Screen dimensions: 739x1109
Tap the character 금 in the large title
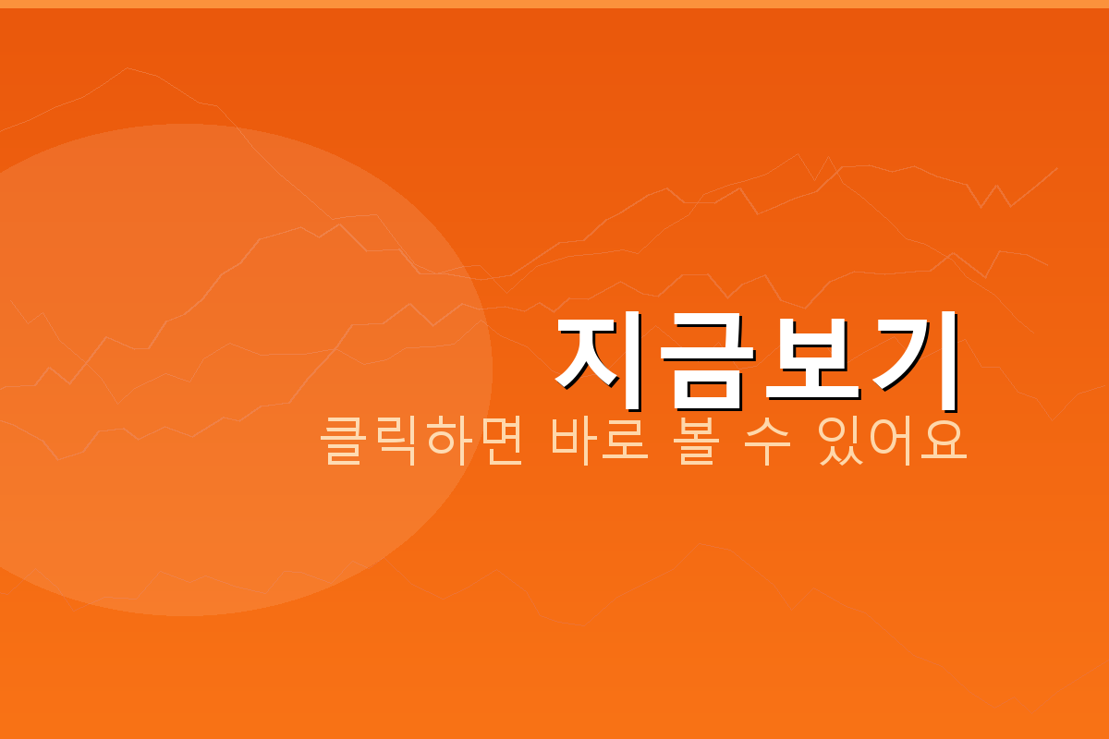pyautogui.click(x=704, y=363)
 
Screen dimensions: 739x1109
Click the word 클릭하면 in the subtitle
pyautogui.click(x=421, y=442)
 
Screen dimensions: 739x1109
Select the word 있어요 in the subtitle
pyautogui.click(x=893, y=442)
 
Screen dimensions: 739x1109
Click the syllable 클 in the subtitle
pyautogui.click(x=343, y=442)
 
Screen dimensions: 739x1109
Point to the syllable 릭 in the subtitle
pyautogui.click(x=396, y=442)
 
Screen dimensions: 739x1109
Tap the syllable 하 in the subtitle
pyautogui.click(x=448, y=442)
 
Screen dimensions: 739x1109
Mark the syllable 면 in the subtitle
pyautogui.click(x=500, y=442)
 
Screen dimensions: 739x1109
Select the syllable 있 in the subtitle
pyautogui.click(x=841, y=442)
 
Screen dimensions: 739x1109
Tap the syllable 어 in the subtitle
pyautogui.click(x=893, y=442)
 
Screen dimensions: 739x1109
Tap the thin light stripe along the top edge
pyautogui.click(x=554, y=4)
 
